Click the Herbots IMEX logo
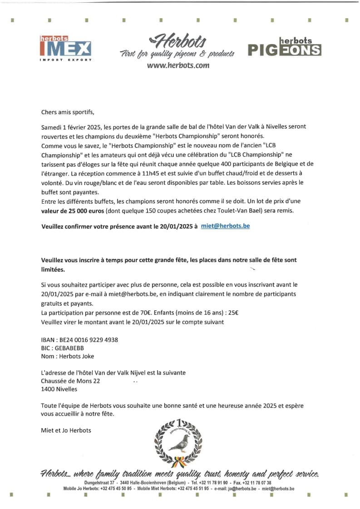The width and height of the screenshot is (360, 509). coord(65,48)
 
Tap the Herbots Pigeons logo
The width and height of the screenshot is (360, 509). coord(284,47)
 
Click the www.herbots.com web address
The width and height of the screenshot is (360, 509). coord(178,65)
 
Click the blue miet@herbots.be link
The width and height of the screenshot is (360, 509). coord(225,225)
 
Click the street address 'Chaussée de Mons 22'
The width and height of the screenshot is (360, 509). coord(70,381)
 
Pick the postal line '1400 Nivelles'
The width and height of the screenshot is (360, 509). coord(59,389)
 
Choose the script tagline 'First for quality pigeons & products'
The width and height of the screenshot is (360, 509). coord(177,54)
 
